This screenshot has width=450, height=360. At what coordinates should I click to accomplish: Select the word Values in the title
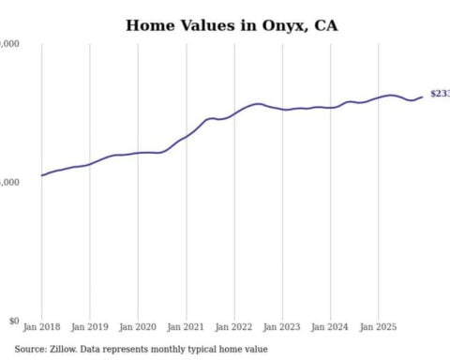pos(207,24)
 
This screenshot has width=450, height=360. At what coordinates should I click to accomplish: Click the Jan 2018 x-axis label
pos(42,329)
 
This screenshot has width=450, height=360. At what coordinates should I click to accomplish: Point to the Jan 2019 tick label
pos(90,329)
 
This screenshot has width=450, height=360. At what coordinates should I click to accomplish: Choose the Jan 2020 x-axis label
pos(138,329)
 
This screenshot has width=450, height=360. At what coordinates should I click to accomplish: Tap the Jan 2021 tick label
pos(187,329)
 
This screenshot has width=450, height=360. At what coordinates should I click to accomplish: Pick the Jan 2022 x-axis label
pos(234,329)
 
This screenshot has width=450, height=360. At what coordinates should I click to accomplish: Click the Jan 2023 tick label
pos(282,329)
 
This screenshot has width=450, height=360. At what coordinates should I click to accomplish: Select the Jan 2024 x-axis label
pos(330,329)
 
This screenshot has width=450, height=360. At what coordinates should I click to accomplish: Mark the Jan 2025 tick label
pos(379,329)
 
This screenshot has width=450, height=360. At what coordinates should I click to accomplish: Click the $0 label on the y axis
pos(11,321)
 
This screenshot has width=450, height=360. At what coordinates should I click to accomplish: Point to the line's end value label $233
pos(439,94)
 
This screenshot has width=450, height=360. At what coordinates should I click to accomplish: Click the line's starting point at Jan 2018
pos(42,175)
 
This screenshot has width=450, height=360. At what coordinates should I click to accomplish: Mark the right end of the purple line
pos(422,96)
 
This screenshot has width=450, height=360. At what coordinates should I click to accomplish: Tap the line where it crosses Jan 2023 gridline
pos(282,110)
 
